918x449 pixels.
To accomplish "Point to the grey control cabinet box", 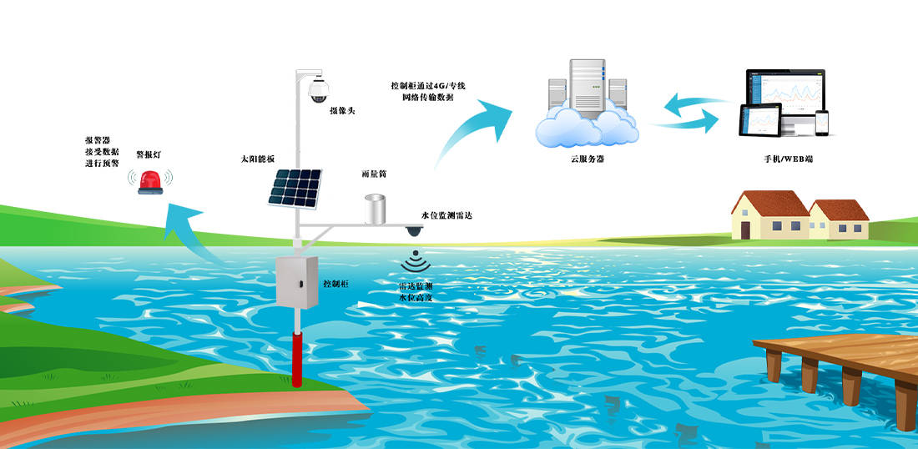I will [x=298, y=282].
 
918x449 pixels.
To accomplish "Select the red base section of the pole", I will [x=297, y=359].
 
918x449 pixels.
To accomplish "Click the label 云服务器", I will [x=582, y=158].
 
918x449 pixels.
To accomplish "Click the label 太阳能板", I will [x=257, y=159].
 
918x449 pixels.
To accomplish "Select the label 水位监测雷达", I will [x=447, y=216].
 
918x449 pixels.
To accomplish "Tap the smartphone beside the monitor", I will [x=823, y=124].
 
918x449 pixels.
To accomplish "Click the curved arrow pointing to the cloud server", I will [x=476, y=125].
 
